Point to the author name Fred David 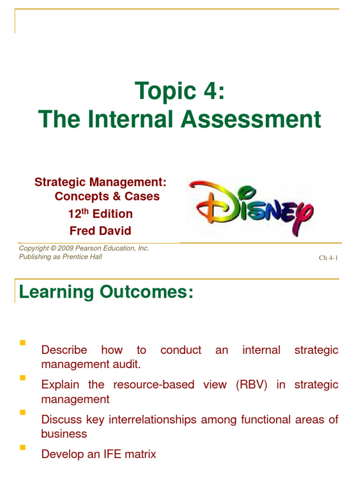[x=100, y=231]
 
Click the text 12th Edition [x=100, y=214]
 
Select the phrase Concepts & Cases [x=107, y=196]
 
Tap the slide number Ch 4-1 [x=329, y=258]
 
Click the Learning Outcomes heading [x=105, y=292]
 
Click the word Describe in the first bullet [x=64, y=350]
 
